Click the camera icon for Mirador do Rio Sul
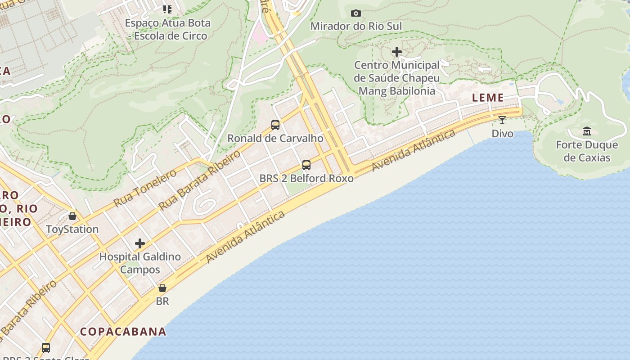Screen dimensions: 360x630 (x=355, y=13)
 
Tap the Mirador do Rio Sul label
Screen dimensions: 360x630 (x=356, y=26)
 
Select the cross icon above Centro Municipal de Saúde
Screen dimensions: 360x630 (x=396, y=52)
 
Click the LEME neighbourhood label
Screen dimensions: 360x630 (x=488, y=98)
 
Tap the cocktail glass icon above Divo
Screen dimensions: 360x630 (x=502, y=120)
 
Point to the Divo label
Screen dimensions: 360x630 (x=502, y=134)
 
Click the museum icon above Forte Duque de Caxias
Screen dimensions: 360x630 (x=587, y=131)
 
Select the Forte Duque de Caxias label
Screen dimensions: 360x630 (x=587, y=151)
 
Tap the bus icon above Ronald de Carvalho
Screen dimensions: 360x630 (x=275, y=125)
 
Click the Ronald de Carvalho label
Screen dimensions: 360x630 (x=275, y=138)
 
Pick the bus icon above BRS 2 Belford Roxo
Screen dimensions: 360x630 (x=306, y=165)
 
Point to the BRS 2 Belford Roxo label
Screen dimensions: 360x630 (x=306, y=178)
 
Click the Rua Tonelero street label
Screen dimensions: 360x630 (x=145, y=188)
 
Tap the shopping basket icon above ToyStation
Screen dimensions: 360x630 (x=72, y=216)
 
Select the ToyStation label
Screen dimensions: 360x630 (x=72, y=229)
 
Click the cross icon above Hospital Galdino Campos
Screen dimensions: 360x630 (x=140, y=243)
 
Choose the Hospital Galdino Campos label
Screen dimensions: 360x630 (x=140, y=263)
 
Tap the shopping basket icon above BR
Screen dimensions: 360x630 (x=162, y=288)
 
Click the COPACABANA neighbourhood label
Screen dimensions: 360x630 (x=123, y=332)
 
